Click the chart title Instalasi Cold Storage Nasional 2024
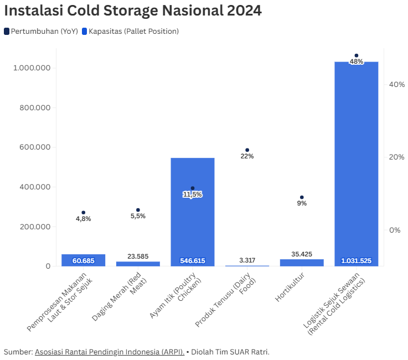coord(133,11)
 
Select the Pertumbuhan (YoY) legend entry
coord(40,31)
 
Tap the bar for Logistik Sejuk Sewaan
coord(357,166)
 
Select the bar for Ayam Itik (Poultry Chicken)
coord(192,222)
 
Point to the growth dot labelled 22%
coord(247,150)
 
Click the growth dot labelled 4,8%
coord(84,213)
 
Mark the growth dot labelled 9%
coord(302,197)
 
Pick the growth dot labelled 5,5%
coord(138,210)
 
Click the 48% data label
coord(357,61)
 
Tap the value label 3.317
coord(247,260)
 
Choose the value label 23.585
coord(138,256)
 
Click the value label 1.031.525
coord(357,261)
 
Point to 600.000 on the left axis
coord(32,147)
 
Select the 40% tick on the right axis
coord(397,84)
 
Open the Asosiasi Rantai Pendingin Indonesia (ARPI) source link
coord(110,352)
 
